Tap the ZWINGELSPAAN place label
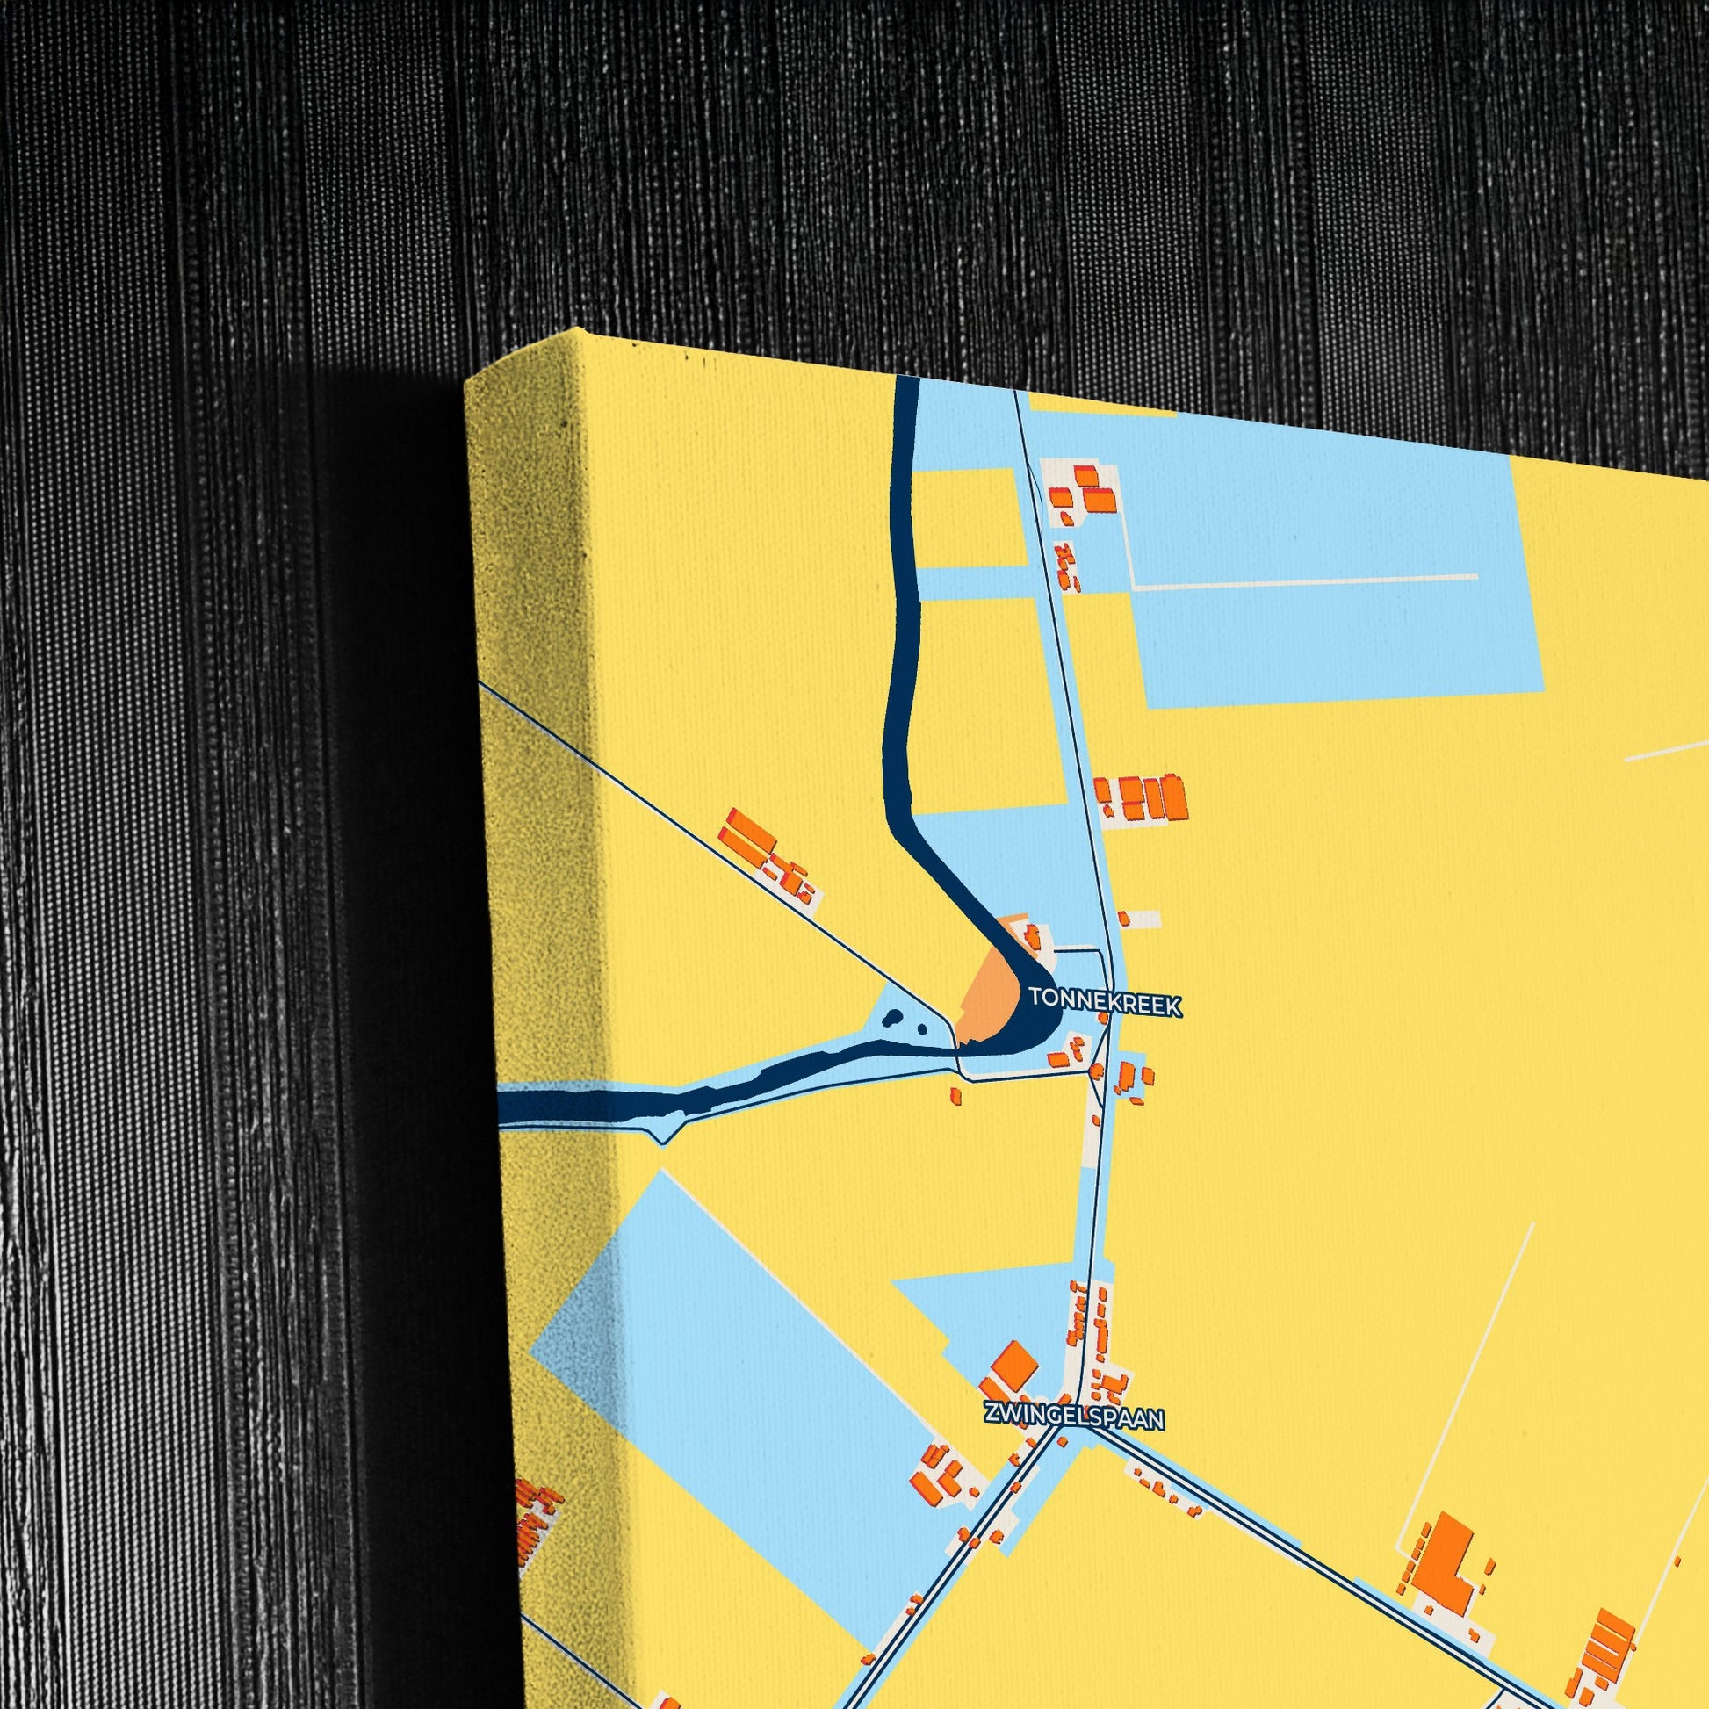click(x=1074, y=1417)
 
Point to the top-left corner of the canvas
click(x=466, y=379)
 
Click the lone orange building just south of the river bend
click(x=955, y=1095)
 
